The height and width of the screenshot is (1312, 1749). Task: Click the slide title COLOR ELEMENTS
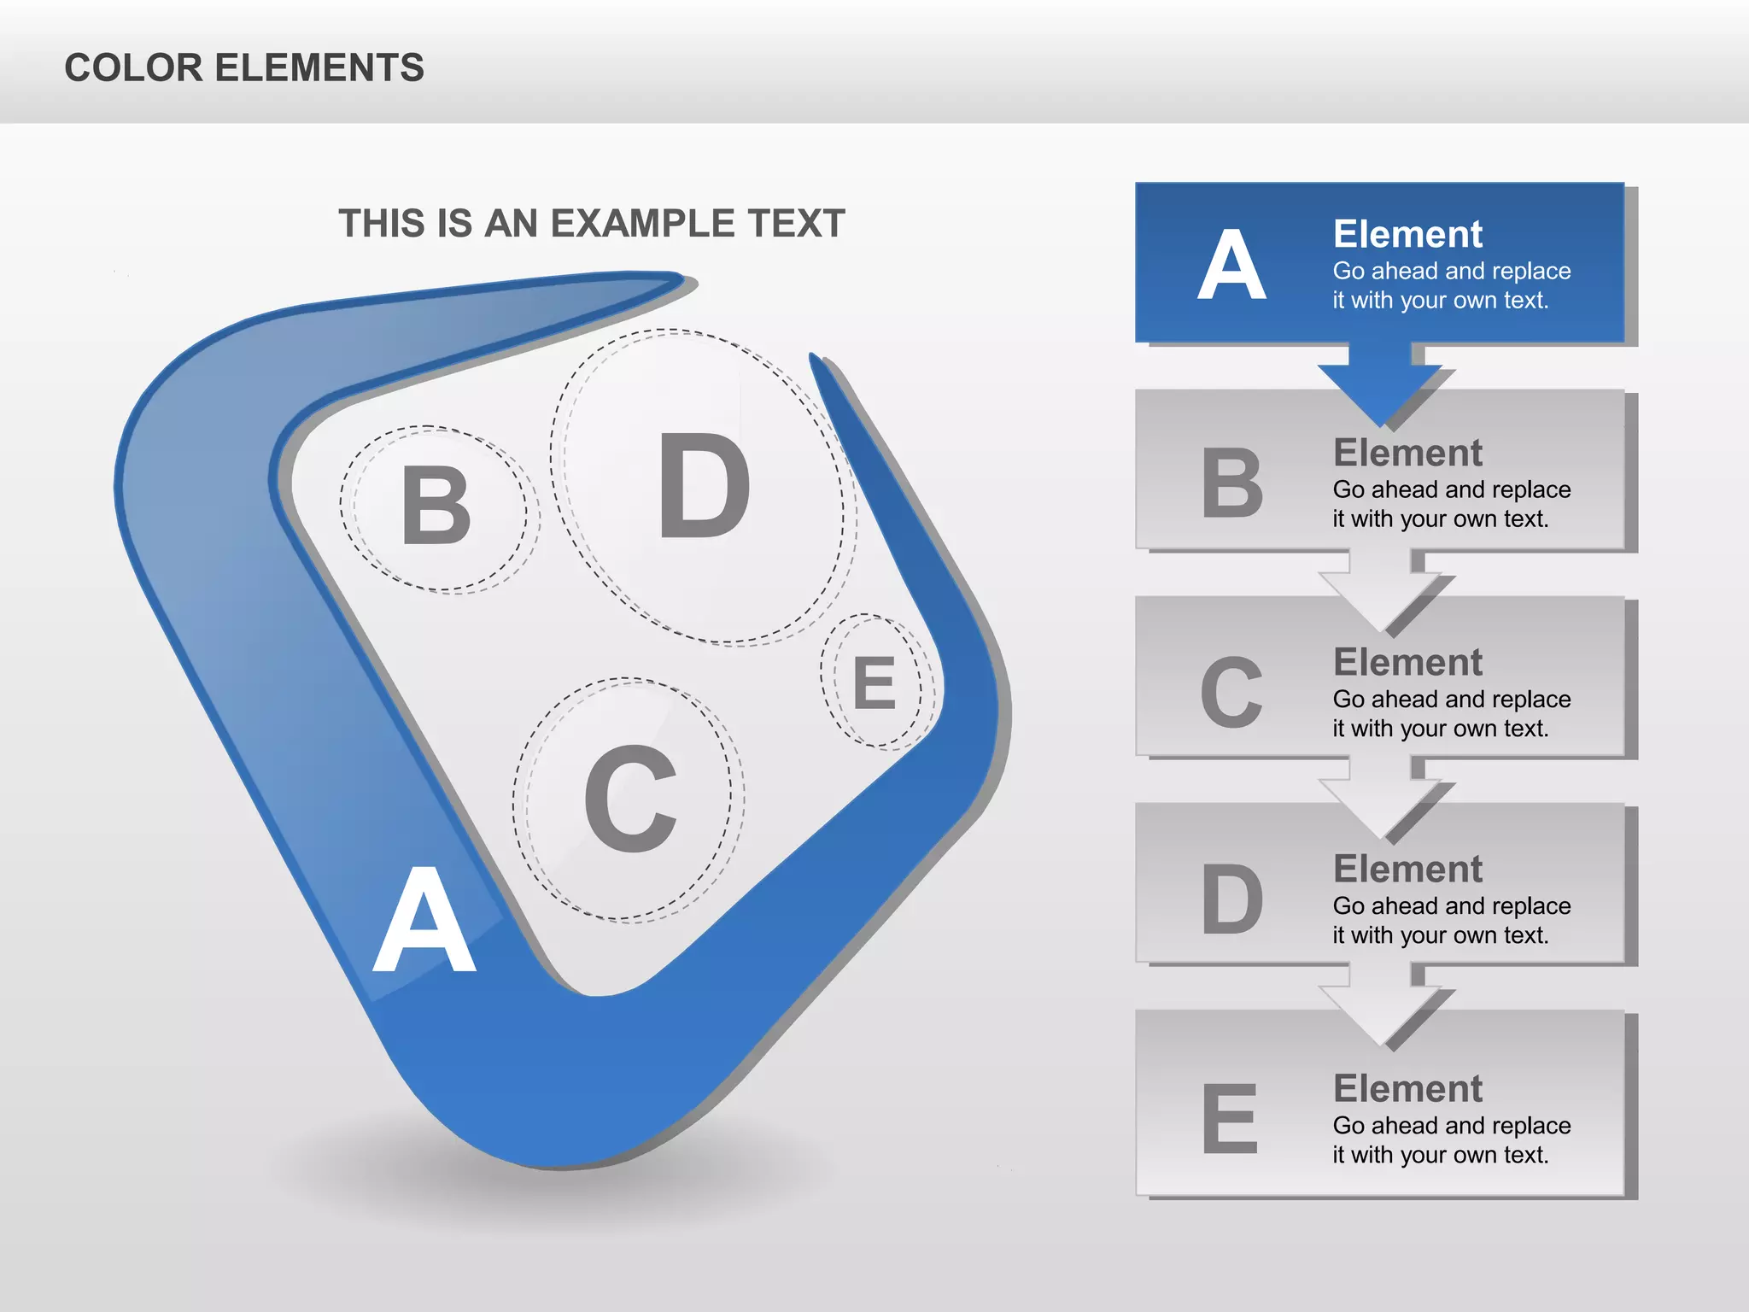pyautogui.click(x=244, y=67)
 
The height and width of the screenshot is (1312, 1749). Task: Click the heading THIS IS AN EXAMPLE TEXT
pyautogui.click(x=591, y=224)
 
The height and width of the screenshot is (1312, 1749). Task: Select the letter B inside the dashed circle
pyautogui.click(x=436, y=507)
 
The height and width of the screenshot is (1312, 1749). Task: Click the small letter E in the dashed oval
pyautogui.click(x=875, y=683)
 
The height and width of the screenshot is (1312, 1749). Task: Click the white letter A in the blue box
pyautogui.click(x=1231, y=265)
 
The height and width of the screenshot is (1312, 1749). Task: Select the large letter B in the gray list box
pyautogui.click(x=1231, y=483)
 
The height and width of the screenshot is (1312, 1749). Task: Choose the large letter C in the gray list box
pyautogui.click(x=1231, y=693)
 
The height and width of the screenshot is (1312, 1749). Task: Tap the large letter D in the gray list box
pyautogui.click(x=1231, y=899)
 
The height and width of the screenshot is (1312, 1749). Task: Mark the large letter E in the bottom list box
pyautogui.click(x=1230, y=1118)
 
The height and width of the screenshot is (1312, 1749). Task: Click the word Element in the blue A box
pyautogui.click(x=1407, y=234)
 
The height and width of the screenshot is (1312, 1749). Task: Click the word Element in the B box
pyautogui.click(x=1407, y=453)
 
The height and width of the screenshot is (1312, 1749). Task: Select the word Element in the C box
pyautogui.click(x=1407, y=662)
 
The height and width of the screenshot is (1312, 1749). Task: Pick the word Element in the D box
pyautogui.click(x=1407, y=869)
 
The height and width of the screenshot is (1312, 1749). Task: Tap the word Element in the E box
pyautogui.click(x=1407, y=1088)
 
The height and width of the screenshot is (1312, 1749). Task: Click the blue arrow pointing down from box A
pyautogui.click(x=1379, y=384)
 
